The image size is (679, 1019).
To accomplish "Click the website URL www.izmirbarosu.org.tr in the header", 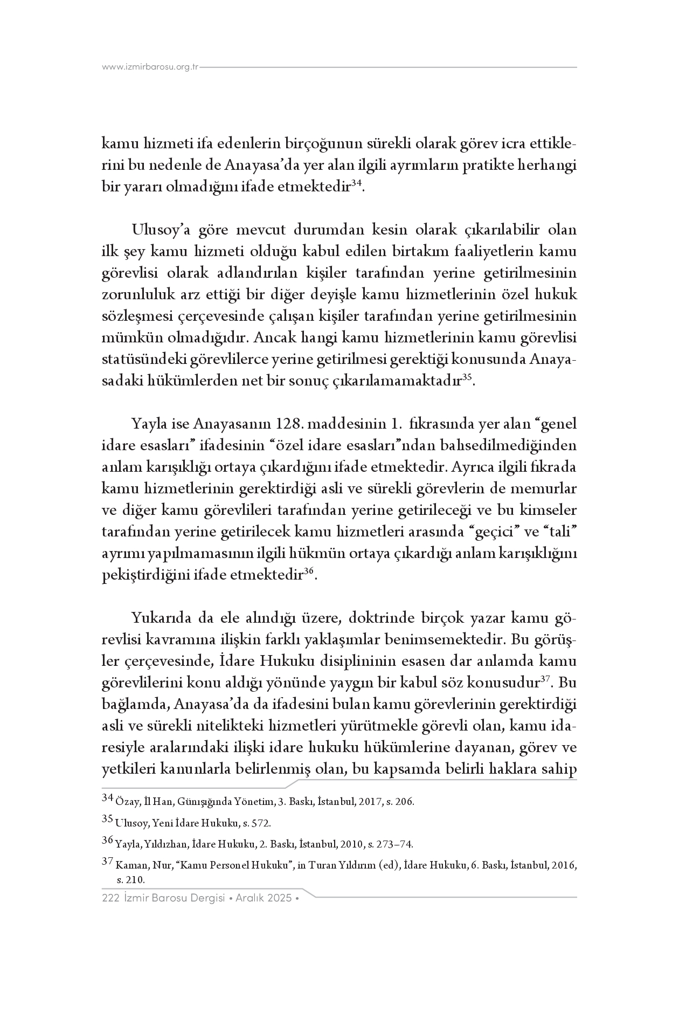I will (150, 67).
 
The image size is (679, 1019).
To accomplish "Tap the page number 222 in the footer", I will (110, 898).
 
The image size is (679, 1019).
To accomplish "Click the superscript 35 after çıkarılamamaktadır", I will (467, 378).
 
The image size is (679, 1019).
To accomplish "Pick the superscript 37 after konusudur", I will (545, 680).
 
